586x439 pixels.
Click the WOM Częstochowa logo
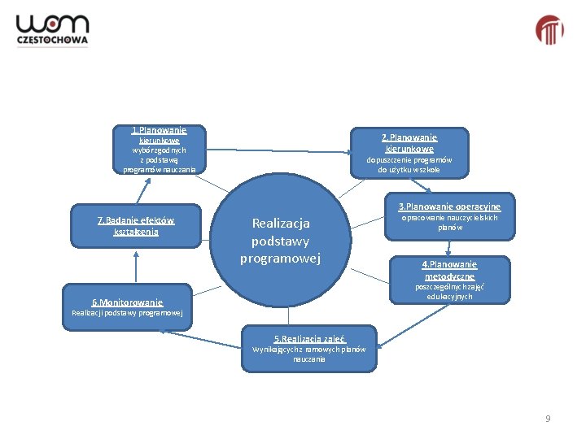52,30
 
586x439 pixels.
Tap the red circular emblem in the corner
549,30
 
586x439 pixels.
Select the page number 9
548,419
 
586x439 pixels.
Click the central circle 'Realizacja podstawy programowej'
281,241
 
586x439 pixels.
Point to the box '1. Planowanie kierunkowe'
160,150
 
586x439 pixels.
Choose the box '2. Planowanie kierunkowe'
409,154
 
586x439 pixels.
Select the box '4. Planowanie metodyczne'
449,281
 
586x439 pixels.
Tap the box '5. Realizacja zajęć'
308,349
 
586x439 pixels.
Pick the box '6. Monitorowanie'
127,307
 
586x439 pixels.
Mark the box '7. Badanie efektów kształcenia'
135,226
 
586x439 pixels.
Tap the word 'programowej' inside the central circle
281,259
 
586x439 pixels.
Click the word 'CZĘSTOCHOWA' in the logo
52,41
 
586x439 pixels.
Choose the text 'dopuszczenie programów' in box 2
409,160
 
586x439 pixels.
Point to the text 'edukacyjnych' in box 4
449,297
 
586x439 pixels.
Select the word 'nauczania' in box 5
308,359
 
